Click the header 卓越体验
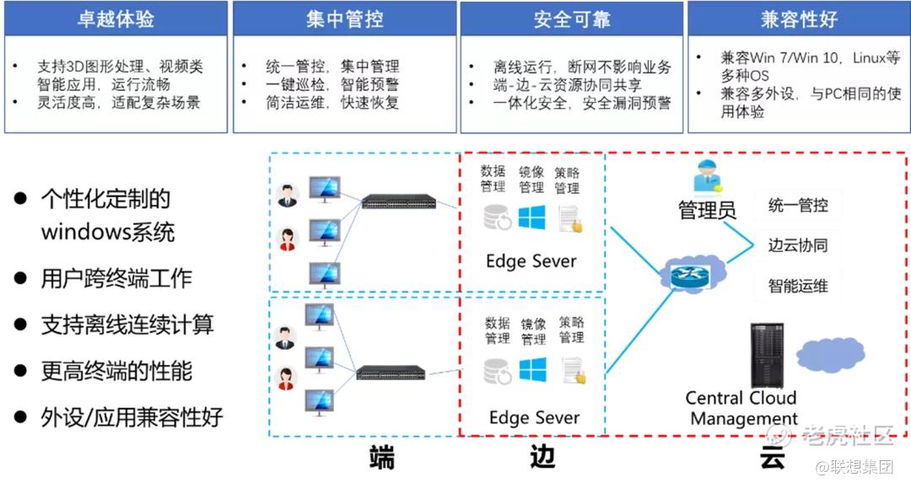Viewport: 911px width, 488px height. click(116, 19)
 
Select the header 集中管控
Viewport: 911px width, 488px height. click(344, 19)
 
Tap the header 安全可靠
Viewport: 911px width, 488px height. click(572, 19)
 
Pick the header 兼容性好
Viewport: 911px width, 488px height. click(798, 19)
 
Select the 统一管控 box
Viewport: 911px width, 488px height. click(798, 205)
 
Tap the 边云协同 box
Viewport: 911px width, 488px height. click(798, 245)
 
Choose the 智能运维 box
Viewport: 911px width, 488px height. click(798, 286)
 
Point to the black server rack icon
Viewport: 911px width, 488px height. click(767, 355)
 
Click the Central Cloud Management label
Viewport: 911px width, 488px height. click(741, 408)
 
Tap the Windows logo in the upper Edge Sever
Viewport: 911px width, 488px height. click(531, 217)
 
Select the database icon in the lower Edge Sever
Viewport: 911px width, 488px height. click(497, 371)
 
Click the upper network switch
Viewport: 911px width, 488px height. click(399, 201)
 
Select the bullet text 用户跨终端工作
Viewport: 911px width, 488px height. click(116, 278)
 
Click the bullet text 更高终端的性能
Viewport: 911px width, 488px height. click(116, 370)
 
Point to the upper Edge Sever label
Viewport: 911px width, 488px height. click(531, 260)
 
